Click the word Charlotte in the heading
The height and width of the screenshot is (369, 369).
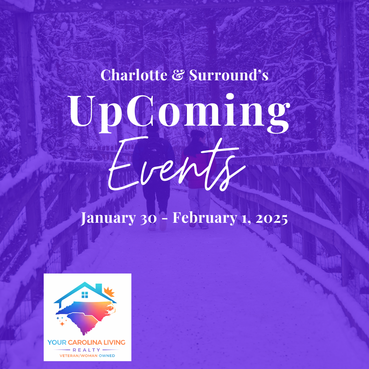134,75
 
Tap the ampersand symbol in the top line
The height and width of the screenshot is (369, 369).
178,75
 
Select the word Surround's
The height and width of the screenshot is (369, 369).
229,75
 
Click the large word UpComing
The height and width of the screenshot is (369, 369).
179,113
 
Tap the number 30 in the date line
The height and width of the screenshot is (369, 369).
149,219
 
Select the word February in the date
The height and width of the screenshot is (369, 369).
205,218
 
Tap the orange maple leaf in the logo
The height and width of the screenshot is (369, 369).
109,292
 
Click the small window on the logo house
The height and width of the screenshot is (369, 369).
85,295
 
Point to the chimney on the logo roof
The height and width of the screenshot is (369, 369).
99,288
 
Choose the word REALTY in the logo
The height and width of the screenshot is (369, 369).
86,350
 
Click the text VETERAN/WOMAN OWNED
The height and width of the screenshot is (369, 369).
87,356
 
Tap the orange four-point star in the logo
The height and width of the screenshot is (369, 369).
62,324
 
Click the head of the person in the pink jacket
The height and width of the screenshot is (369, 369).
198,136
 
